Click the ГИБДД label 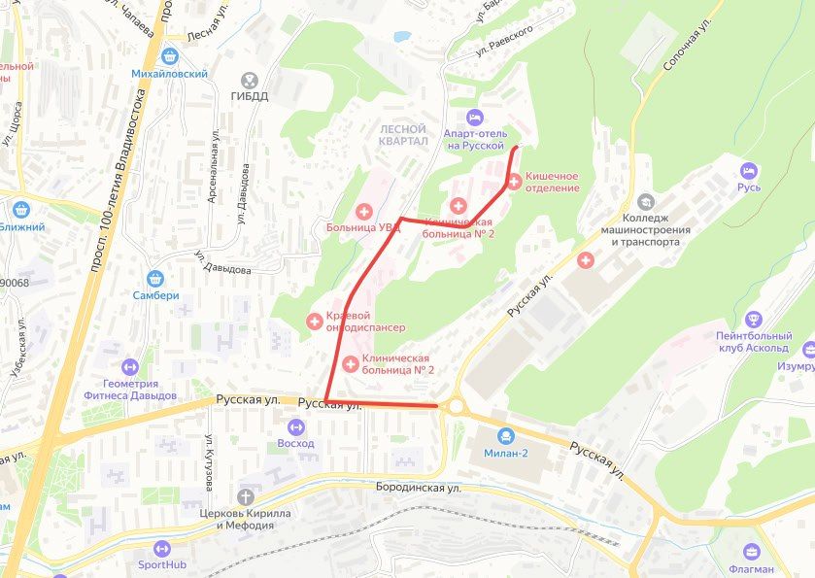point(250,97)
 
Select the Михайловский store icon point(171,57)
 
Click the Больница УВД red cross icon point(364,211)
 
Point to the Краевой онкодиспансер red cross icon point(315,321)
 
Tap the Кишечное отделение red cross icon point(515,182)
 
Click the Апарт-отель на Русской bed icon point(474,117)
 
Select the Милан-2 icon point(505,436)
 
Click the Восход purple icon point(295,425)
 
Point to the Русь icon point(749,171)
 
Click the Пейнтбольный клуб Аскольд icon point(753,319)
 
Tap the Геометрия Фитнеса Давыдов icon point(129,367)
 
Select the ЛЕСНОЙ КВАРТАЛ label point(403,135)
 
